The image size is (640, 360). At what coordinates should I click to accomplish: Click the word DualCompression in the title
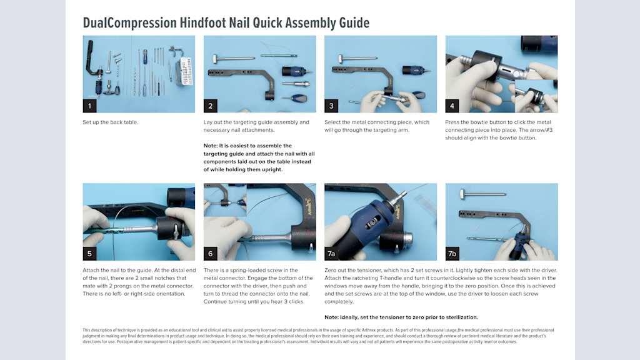click(x=129, y=23)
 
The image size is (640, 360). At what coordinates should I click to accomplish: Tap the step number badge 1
click(x=89, y=106)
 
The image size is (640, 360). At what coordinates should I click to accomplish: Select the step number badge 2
click(x=211, y=106)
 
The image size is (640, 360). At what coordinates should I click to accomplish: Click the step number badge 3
click(x=331, y=106)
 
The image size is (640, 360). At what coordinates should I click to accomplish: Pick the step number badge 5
click(x=89, y=253)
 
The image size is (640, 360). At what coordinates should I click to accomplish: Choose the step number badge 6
click(x=211, y=253)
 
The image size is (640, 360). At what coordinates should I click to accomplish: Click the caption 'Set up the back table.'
click(x=110, y=122)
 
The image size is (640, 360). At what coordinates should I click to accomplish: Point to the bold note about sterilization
click(x=401, y=317)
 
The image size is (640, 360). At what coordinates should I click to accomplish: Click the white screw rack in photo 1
click(x=184, y=72)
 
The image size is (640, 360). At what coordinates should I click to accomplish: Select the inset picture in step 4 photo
click(x=535, y=95)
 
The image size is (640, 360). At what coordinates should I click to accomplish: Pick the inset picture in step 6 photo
click(x=225, y=200)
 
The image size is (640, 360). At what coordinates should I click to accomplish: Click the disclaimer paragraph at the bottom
click(x=319, y=336)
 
